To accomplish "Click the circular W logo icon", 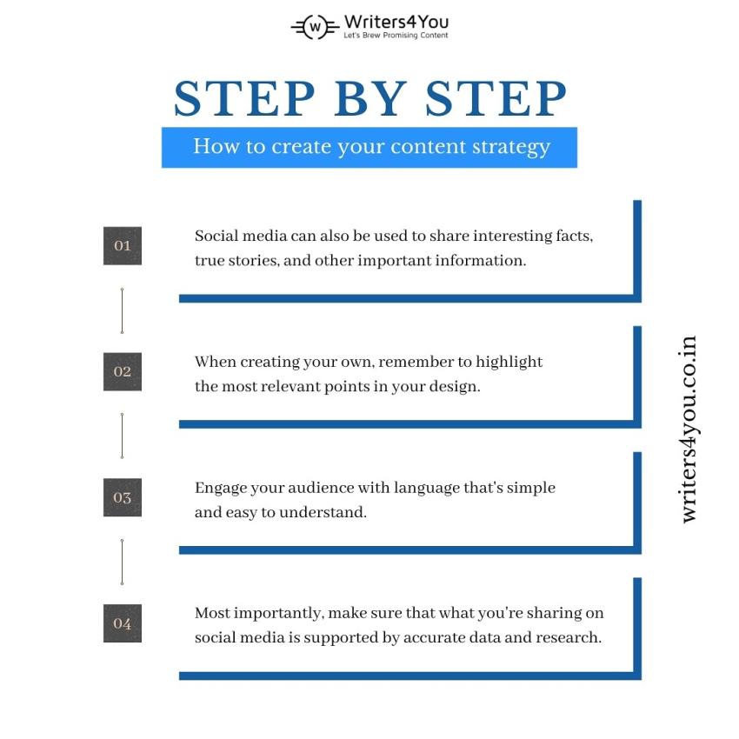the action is click(x=315, y=27).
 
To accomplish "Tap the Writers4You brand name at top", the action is click(x=396, y=22).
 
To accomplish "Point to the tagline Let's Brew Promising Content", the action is click(x=396, y=36).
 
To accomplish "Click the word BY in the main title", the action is click(x=370, y=98).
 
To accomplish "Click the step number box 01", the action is click(x=123, y=245).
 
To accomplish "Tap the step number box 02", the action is click(x=123, y=371).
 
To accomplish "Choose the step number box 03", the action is click(x=123, y=497).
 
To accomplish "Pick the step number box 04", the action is click(x=123, y=623).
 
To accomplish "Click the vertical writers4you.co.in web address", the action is click(x=688, y=429).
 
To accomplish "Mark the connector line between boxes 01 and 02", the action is click(x=122, y=310).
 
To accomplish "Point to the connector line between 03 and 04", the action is click(x=122, y=562).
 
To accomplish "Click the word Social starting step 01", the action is click(x=216, y=236).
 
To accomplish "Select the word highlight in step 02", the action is click(x=509, y=363).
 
